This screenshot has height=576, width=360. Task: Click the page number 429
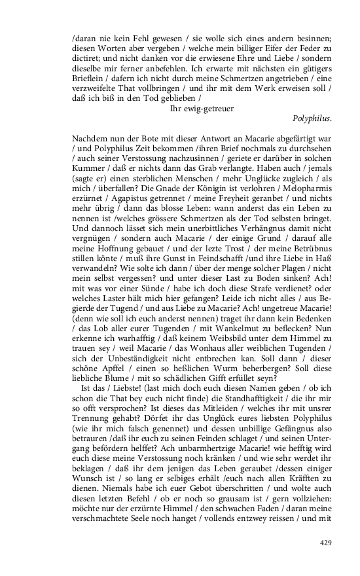(x=326, y=543)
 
